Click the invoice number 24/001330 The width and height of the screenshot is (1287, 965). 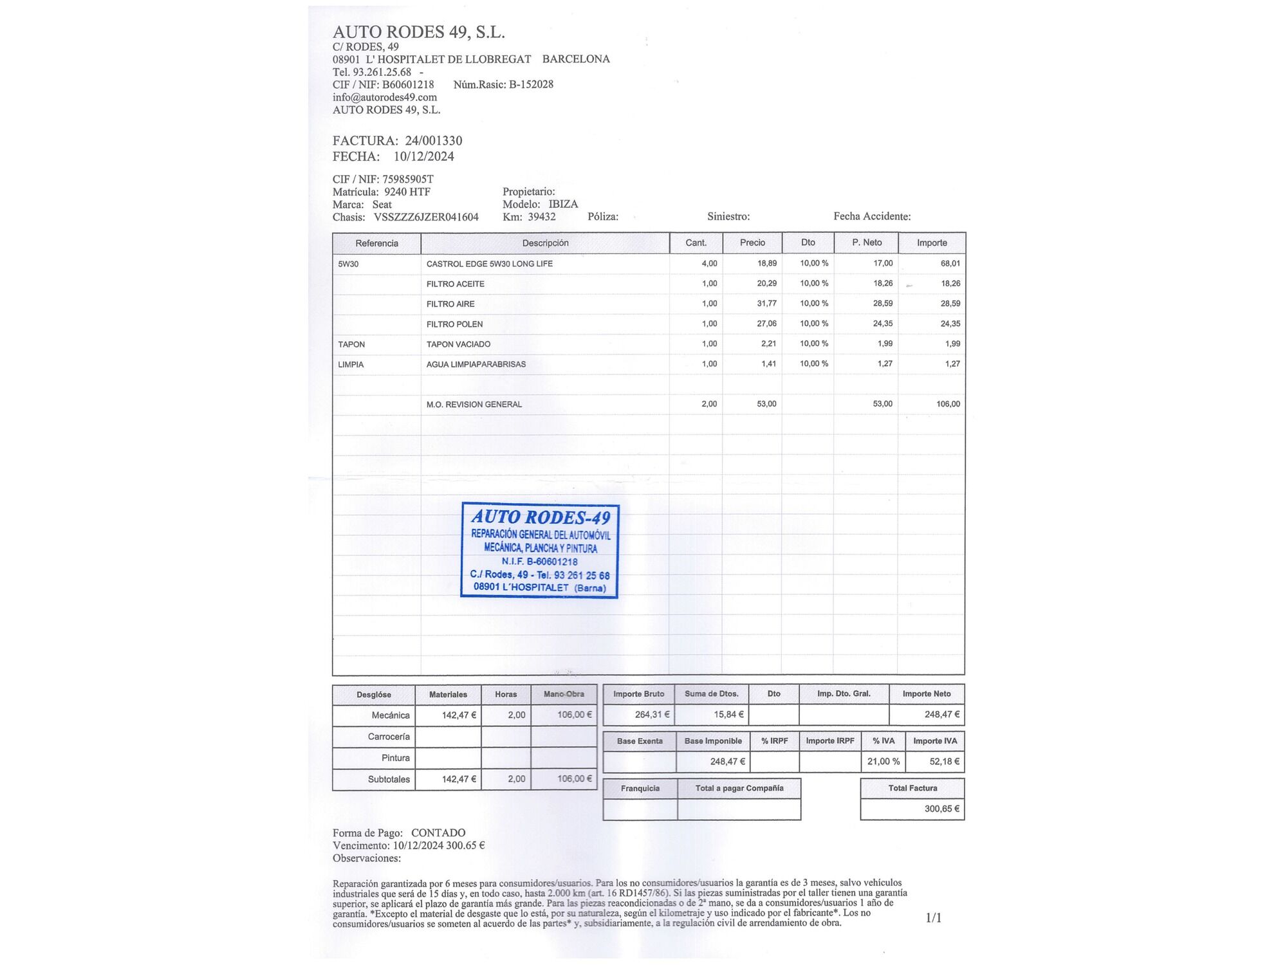tap(433, 141)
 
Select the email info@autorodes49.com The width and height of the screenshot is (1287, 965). tap(384, 97)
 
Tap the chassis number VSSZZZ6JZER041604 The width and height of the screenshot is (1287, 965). tap(426, 217)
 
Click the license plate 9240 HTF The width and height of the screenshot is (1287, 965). tap(407, 192)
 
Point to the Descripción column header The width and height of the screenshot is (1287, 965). tap(545, 243)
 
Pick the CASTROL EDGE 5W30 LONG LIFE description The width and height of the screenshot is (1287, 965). tap(489, 264)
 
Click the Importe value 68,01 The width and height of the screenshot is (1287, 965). tap(950, 263)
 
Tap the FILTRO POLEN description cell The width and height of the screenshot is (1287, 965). tap(454, 324)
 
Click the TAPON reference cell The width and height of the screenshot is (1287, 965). tap(351, 344)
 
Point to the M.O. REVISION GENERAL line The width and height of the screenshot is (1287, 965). tap(474, 405)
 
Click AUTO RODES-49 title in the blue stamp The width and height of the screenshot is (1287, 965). tap(541, 517)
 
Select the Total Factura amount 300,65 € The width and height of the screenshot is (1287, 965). tap(941, 809)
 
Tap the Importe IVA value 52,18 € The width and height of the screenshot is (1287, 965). tap(944, 762)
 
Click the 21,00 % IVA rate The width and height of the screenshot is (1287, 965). tap(883, 762)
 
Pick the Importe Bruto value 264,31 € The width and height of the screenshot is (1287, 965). tap(652, 715)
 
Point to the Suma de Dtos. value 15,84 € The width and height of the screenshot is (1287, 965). tap(728, 715)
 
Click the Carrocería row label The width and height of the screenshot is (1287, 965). tap(389, 737)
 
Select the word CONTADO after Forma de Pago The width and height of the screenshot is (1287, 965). tap(438, 833)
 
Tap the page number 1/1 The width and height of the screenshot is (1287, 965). tap(933, 918)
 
